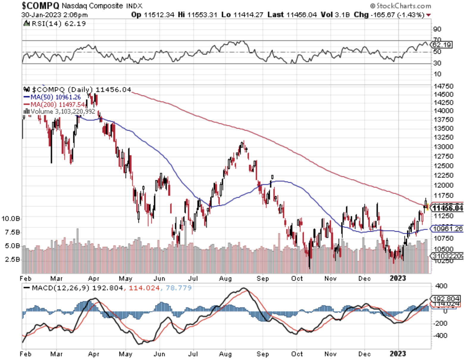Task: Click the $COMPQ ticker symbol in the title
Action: click(x=40, y=5)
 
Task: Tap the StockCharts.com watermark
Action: click(x=401, y=6)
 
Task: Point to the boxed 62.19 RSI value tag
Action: click(x=442, y=45)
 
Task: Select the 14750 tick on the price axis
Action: click(x=443, y=86)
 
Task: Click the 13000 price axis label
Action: click(x=443, y=147)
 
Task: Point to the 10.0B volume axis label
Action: click(x=11, y=219)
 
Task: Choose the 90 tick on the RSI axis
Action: click(x=437, y=29)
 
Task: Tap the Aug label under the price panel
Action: click(x=225, y=278)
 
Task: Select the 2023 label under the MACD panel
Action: click(x=398, y=354)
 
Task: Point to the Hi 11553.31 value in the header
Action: click(x=197, y=15)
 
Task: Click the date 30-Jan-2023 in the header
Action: click(x=41, y=15)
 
